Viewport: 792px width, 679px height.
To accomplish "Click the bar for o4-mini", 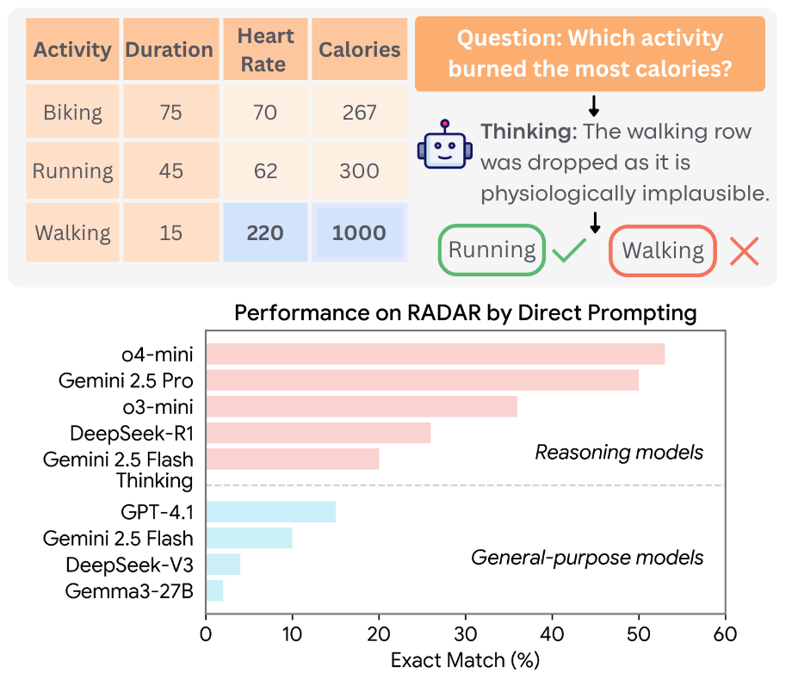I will pos(435,354).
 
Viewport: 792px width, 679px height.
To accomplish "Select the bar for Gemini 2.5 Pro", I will pos(422,380).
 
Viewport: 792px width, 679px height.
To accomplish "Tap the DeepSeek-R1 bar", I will pos(318,433).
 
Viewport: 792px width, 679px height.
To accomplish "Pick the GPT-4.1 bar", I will pos(270,513).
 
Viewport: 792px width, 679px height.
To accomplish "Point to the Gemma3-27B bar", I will pos(214,591).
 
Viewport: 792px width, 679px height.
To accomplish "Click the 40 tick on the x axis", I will pos(552,634).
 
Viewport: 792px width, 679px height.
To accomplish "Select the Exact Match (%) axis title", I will pos(465,661).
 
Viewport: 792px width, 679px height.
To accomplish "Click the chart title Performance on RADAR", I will pos(465,313).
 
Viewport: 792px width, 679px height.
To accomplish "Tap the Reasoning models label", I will pos(619,452).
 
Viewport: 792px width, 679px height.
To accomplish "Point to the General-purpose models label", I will pos(587,558).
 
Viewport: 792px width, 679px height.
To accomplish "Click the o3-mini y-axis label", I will pos(157,406).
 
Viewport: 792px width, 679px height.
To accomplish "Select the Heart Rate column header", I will pos(265,50).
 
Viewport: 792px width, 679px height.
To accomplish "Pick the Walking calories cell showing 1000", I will pos(359,233).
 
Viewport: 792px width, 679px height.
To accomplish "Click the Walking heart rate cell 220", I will pos(265,233).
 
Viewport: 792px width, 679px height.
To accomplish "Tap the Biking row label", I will pos(72,113).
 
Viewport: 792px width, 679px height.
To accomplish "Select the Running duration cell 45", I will pos(171,171).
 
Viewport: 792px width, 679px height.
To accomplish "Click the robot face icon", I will pos(444,147).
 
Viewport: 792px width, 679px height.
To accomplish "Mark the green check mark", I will pos(568,252).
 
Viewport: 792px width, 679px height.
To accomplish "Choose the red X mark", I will pos(744,251).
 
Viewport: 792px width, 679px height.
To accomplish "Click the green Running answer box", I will pos(492,250).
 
